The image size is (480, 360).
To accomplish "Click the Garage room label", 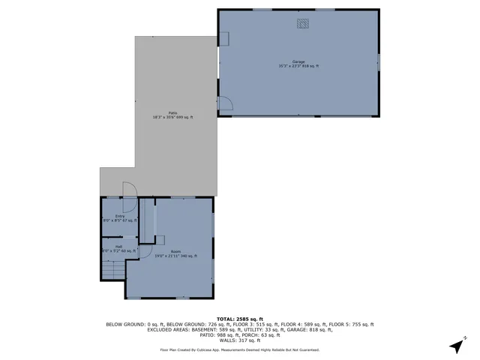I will [x=298, y=61].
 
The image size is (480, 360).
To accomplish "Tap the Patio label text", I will [x=172, y=112].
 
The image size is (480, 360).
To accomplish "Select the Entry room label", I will [x=120, y=216].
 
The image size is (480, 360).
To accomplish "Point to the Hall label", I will [x=118, y=246].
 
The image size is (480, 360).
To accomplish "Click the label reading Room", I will [x=175, y=252].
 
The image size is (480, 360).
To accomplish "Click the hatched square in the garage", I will [x=303, y=24].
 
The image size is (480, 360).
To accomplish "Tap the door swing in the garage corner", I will [x=223, y=105].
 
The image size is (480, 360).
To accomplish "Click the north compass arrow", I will [x=455, y=346].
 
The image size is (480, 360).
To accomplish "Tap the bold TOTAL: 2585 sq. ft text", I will [x=239, y=319].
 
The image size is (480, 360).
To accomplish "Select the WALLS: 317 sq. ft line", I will [x=239, y=340].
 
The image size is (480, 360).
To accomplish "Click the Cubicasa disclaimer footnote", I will [x=239, y=349].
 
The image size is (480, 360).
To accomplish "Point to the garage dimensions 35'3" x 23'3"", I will [x=298, y=67].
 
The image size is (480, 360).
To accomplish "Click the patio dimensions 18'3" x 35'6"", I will [x=172, y=118].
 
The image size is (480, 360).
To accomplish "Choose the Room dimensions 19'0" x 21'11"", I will [x=175, y=256].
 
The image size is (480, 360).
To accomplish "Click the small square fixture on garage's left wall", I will [x=223, y=39].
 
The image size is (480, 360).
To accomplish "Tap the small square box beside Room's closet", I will [x=160, y=239].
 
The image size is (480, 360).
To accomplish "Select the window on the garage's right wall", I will [x=379, y=61].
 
